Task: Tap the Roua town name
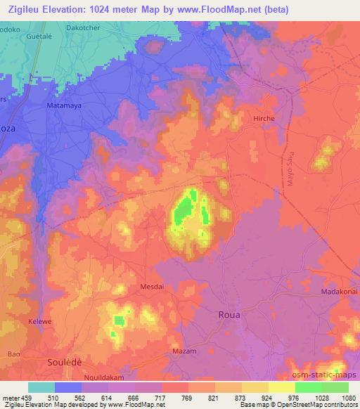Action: coord(229,315)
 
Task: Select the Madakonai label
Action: coord(340,292)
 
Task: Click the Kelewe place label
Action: coord(41,320)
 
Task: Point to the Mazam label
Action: coord(184,350)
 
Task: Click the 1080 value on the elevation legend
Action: coord(348,396)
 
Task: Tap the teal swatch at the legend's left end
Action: coord(41,387)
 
